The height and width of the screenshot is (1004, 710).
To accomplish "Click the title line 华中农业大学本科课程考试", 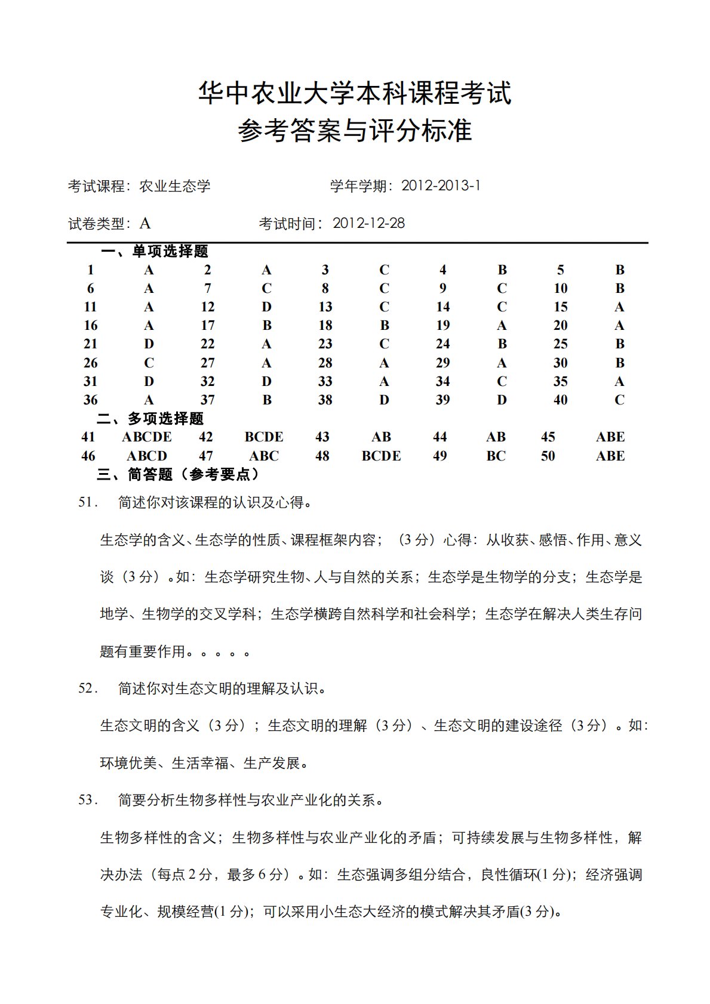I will [355, 94].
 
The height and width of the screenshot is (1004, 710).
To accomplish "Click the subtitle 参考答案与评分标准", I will [355, 131].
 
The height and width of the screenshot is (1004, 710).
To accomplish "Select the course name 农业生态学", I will [175, 186].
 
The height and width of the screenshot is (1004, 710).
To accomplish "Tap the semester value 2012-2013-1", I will [441, 186].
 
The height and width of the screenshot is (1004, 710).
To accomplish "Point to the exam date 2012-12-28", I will [368, 223].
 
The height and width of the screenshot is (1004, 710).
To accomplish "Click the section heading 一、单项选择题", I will [155, 251].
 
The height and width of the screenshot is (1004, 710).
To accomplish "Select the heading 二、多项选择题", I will [150, 419].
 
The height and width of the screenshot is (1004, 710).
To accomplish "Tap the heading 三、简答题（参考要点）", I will [179, 474].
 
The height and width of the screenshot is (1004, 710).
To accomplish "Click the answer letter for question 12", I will [266, 307].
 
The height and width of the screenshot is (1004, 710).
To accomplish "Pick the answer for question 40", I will [619, 400].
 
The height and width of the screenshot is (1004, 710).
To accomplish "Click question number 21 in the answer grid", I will [90, 344].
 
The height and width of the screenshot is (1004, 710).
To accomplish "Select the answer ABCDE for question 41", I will [147, 437].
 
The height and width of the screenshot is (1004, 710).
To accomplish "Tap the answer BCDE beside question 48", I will [381, 456].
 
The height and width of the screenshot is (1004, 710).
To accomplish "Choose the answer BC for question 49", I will [496, 456].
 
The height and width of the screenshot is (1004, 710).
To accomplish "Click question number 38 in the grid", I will [325, 400].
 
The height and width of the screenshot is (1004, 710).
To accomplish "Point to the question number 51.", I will [88, 502].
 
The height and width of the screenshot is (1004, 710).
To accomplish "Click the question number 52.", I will [88, 688].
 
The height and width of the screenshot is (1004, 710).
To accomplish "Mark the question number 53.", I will [88, 800].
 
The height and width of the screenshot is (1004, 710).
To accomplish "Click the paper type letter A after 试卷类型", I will [145, 224].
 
